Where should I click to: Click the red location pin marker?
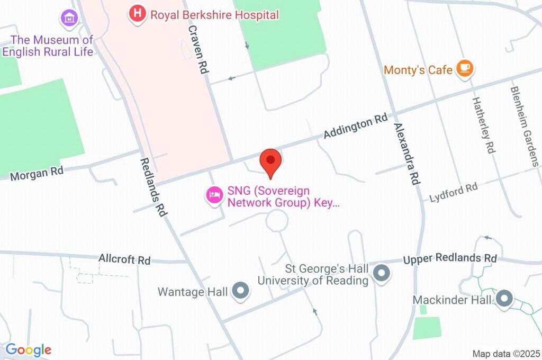[271, 161]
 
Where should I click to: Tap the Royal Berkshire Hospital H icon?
[137, 14]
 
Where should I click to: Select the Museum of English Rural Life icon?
[69, 18]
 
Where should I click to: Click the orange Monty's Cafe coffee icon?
[465, 68]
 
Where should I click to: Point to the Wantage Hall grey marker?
[241, 291]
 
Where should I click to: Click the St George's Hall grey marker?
[381, 274]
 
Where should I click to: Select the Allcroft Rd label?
[124, 259]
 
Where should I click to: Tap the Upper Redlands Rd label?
[450, 259]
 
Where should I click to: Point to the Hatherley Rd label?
[484, 124]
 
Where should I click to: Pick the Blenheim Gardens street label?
[525, 127]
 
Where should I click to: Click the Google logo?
[29, 349]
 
